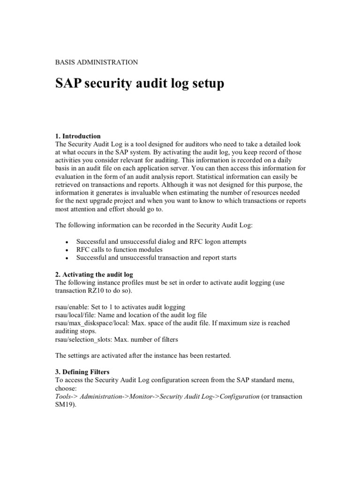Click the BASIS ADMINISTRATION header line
coord(97,62)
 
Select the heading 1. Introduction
coord(78,136)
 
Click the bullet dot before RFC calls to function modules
coord(67,250)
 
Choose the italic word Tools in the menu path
coord(64,396)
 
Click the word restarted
coord(217,356)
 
